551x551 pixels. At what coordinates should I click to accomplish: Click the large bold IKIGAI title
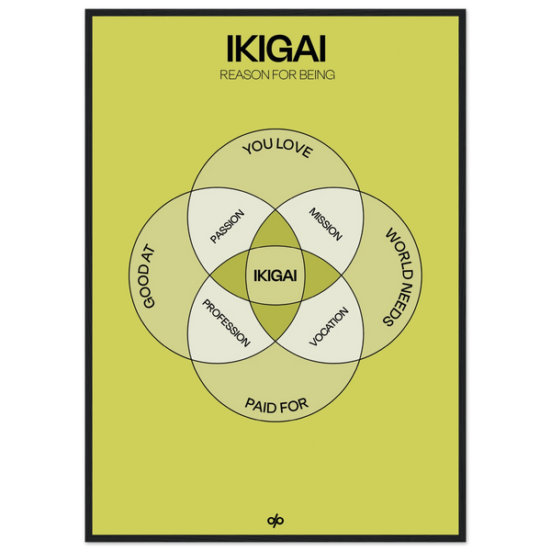(276, 48)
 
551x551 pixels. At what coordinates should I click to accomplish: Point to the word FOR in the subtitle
(285, 75)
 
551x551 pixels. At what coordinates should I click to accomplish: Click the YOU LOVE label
(277, 148)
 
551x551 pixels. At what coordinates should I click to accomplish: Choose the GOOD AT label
(145, 276)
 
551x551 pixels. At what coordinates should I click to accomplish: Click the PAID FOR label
(276, 406)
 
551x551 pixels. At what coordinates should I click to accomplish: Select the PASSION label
(227, 226)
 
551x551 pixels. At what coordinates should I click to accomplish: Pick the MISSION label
(325, 224)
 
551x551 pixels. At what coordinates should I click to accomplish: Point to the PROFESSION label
(226, 323)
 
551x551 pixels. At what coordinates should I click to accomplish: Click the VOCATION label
(329, 326)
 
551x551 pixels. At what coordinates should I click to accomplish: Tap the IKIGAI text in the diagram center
(275, 275)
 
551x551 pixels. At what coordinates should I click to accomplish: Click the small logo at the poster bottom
(275, 521)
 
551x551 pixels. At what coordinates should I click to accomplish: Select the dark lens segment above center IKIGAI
(275, 231)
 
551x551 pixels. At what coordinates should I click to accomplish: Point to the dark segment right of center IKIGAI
(321, 275)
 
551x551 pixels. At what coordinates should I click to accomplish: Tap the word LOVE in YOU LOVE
(294, 148)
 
